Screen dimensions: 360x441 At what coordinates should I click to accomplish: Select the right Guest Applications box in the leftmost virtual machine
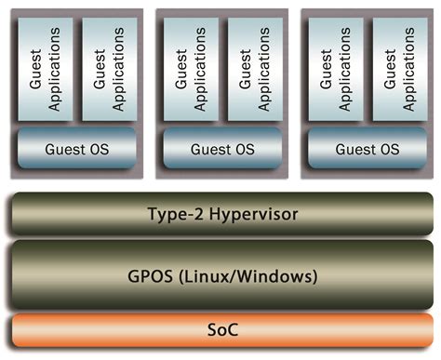109,68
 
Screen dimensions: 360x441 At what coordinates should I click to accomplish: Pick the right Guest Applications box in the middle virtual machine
254,68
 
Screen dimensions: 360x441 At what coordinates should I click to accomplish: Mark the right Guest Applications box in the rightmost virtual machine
400,68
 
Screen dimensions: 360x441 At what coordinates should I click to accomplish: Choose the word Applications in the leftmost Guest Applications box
53,68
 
